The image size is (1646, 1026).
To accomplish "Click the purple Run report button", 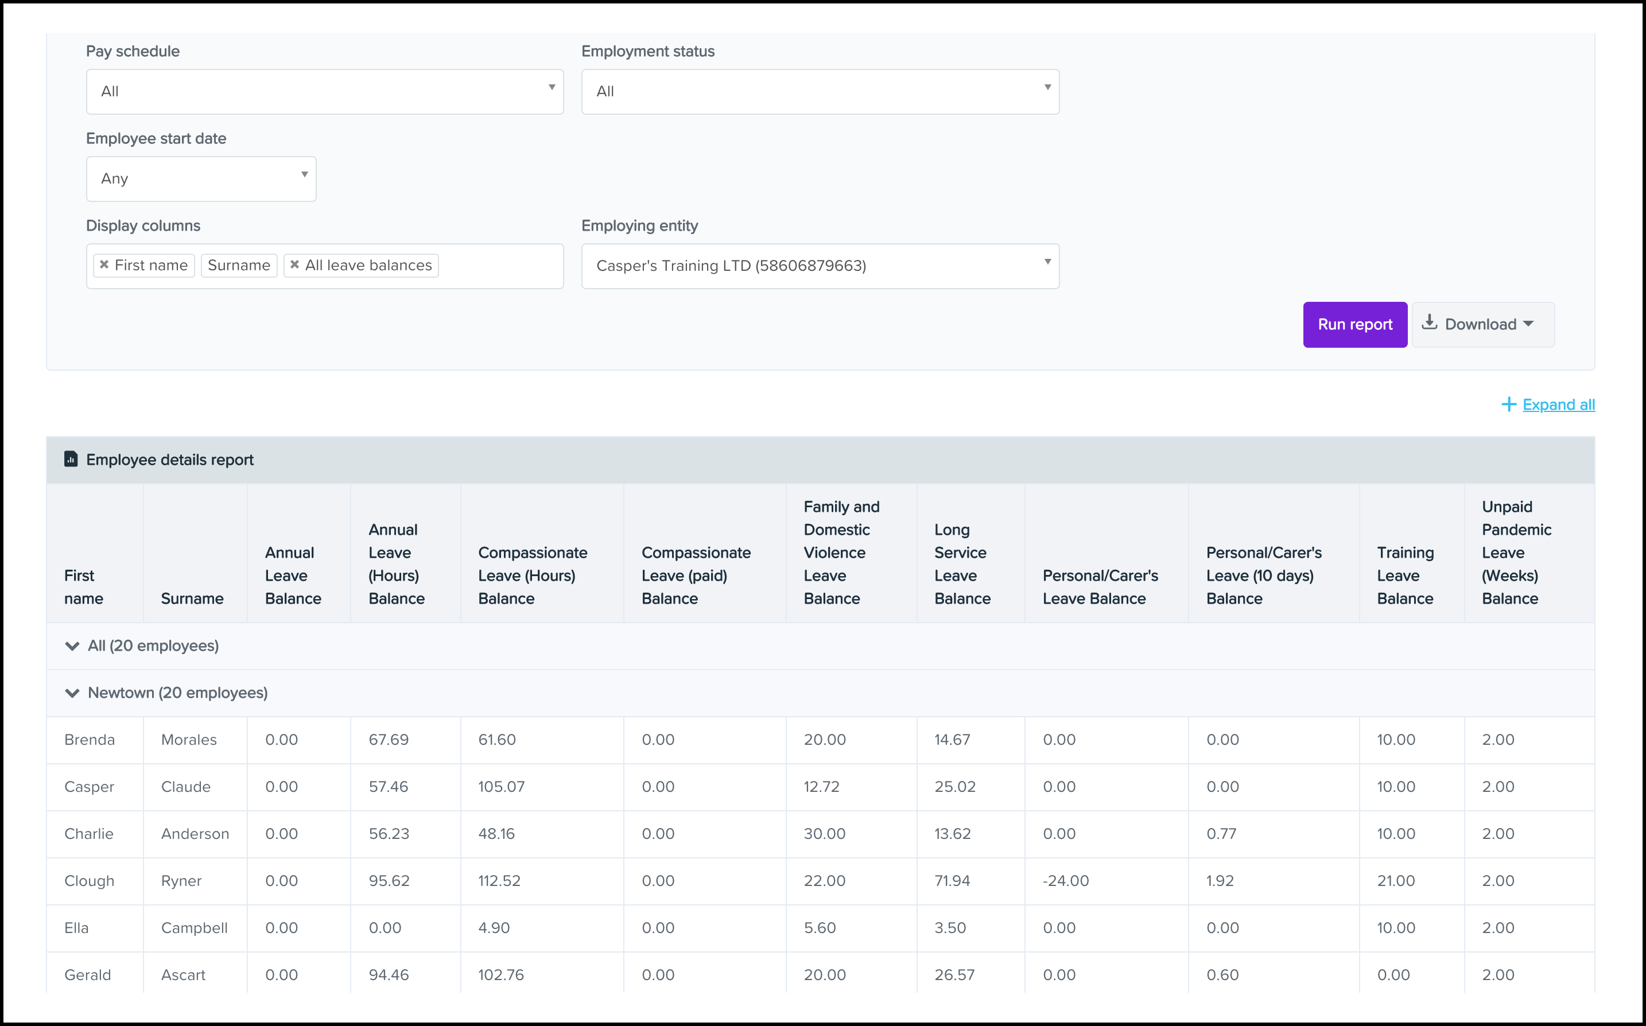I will [1354, 324].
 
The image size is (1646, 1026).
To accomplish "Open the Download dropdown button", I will [1482, 324].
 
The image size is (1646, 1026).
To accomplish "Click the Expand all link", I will [1558, 405].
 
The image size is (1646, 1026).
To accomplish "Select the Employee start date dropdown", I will [201, 178].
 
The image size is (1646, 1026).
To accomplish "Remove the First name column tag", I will [104, 265].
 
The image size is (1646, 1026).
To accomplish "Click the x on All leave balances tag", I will [295, 265].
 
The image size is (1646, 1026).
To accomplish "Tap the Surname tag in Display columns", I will [239, 265].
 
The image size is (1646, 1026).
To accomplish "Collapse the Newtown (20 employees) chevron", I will [72, 693].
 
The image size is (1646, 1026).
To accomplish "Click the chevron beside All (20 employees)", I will [72, 646].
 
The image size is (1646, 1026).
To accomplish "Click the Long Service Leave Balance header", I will [962, 563].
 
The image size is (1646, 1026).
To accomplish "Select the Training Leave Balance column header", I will [1404, 575].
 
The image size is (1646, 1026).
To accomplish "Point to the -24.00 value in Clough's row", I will [1065, 881].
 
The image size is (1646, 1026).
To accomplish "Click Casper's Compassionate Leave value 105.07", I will [502, 787].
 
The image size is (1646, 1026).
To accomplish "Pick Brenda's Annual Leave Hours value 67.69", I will [389, 740].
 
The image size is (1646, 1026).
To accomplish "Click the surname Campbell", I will [194, 928].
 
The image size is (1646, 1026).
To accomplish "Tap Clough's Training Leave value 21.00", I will [1396, 881].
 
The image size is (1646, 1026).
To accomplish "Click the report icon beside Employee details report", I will [71, 460].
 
